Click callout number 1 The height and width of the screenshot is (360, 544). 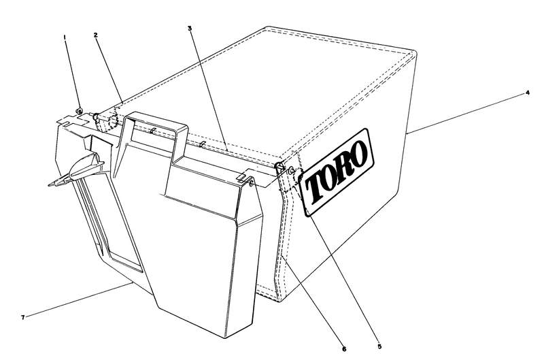click(x=64, y=37)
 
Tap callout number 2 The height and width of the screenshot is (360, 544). click(x=95, y=35)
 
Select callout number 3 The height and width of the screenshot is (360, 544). click(x=190, y=28)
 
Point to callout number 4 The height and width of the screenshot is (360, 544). click(x=528, y=93)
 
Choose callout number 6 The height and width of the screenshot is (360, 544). click(x=344, y=349)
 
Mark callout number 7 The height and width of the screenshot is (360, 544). click(x=22, y=317)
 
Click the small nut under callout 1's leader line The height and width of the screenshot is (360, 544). click(x=80, y=111)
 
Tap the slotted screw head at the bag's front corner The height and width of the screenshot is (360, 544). click(x=279, y=167)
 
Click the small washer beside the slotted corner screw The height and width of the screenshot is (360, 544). click(x=291, y=169)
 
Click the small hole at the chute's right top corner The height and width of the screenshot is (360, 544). click(x=252, y=182)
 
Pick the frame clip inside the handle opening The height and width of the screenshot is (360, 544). click(x=152, y=131)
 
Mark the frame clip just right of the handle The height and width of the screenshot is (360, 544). click(x=203, y=144)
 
